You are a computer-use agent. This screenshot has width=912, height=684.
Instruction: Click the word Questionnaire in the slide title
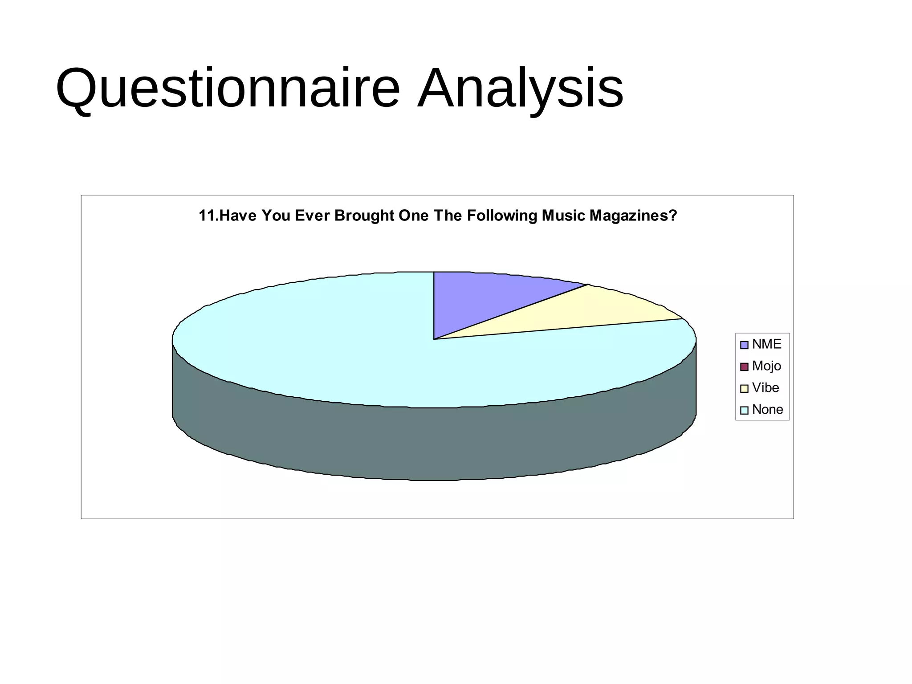227,88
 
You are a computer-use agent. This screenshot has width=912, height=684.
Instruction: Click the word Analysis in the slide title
520,88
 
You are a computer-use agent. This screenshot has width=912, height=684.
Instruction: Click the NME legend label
766,344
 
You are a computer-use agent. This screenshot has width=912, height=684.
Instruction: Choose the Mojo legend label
766,366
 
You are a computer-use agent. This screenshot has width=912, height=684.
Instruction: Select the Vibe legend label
765,388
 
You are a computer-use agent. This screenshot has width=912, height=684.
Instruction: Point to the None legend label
767,410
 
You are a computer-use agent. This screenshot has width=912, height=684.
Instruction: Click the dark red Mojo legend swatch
744,367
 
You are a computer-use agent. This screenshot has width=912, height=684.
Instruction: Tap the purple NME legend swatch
744,345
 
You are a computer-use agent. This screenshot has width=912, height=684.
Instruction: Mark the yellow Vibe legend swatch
744,389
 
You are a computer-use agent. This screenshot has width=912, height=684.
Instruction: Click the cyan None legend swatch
744,411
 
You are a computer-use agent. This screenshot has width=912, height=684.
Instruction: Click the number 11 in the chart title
207,216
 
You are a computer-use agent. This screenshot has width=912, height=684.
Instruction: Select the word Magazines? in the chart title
633,216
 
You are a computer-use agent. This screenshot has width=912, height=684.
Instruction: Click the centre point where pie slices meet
434,339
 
